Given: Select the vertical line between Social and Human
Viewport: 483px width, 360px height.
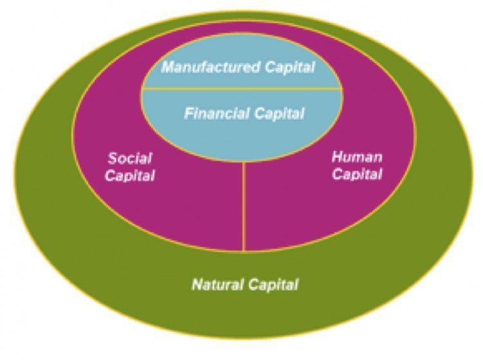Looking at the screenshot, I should [244, 206].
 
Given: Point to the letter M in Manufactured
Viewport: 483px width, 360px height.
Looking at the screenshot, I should [167, 67].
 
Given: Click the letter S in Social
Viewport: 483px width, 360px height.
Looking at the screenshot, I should [112, 158].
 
